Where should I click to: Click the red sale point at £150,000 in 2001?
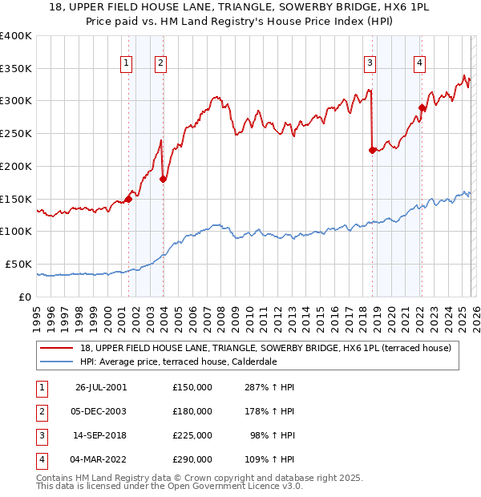point(129,199)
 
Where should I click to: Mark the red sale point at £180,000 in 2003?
point(163,179)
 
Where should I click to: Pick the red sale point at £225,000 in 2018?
point(372,150)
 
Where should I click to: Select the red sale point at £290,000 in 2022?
point(422,107)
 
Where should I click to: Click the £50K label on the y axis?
point(18,264)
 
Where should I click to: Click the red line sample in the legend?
point(57,348)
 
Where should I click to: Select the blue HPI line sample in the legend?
point(57,362)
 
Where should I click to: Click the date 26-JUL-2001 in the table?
point(101,387)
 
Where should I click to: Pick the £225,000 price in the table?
point(192,435)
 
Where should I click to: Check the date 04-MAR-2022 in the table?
point(101,459)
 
